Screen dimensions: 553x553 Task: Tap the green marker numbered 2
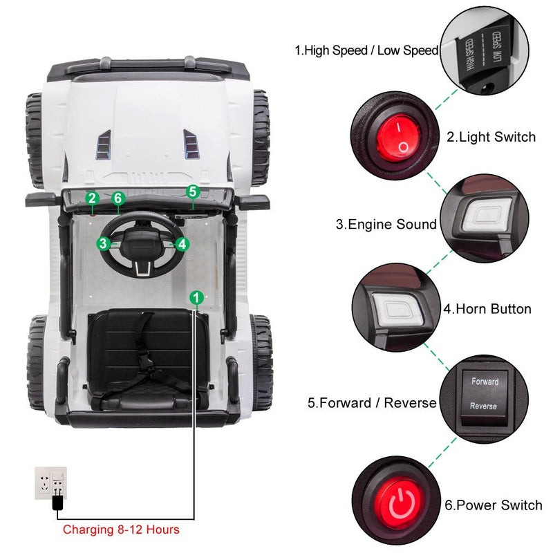point(93,198)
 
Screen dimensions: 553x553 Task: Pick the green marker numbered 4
point(182,244)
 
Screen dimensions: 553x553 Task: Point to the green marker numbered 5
point(193,191)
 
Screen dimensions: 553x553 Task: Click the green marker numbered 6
point(118,198)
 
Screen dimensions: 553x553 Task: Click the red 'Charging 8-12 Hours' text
point(121,530)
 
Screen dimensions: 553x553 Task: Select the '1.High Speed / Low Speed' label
point(367,50)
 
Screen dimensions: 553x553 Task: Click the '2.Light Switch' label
point(491,137)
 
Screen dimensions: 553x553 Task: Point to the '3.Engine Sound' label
point(386,224)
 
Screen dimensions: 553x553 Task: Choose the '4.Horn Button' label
point(487,309)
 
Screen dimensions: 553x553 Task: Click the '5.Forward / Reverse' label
point(372,402)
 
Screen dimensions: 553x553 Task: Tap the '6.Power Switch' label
point(494,505)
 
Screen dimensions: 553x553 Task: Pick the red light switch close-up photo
point(396,137)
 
